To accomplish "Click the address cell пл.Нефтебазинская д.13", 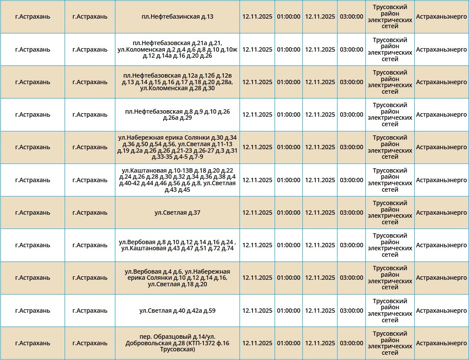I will pyautogui.click(x=177, y=17).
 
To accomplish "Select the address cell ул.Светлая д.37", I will pyautogui.click(x=177, y=213).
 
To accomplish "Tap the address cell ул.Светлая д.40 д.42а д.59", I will pyautogui.click(x=177, y=311).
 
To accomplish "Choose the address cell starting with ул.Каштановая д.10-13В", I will pyautogui.click(x=177, y=180).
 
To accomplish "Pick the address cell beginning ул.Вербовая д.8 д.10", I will pyautogui.click(x=177, y=245).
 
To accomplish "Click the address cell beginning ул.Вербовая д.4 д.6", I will pyautogui.click(x=177, y=278).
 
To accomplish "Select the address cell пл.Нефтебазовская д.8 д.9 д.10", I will pyautogui.click(x=177, y=115).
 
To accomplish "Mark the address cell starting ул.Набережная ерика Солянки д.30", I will pyautogui.click(x=177, y=147).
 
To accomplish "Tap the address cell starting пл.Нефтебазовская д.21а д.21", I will pyautogui.click(x=177, y=49).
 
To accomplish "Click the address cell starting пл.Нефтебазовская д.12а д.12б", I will pyautogui.click(x=177, y=82).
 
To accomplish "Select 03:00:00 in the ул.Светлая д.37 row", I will pyautogui.click(x=351, y=213).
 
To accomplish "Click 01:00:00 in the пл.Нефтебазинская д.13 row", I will pyautogui.click(x=289, y=17).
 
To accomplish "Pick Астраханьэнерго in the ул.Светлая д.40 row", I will pyautogui.click(x=441, y=311).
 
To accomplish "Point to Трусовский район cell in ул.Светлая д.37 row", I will pyautogui.click(x=390, y=213).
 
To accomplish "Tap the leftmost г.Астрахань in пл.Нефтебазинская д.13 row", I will pyautogui.click(x=33, y=17).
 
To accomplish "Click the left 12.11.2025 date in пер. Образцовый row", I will pyautogui.click(x=257, y=343).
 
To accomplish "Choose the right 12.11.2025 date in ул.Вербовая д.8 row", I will pyautogui.click(x=320, y=245).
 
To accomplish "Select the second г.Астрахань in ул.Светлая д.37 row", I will pyautogui.click(x=90, y=213).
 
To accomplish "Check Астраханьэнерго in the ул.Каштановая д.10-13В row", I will pyautogui.click(x=441, y=180).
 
